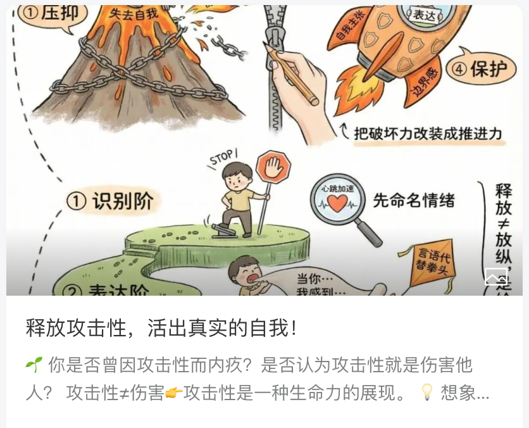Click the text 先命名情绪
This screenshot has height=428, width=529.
coord(414,200)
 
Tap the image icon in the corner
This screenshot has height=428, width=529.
coord(496,276)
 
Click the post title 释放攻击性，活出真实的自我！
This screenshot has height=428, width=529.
coord(162,328)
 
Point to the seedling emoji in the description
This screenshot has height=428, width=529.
coord(34,364)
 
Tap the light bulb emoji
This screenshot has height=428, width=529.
coord(427,393)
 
